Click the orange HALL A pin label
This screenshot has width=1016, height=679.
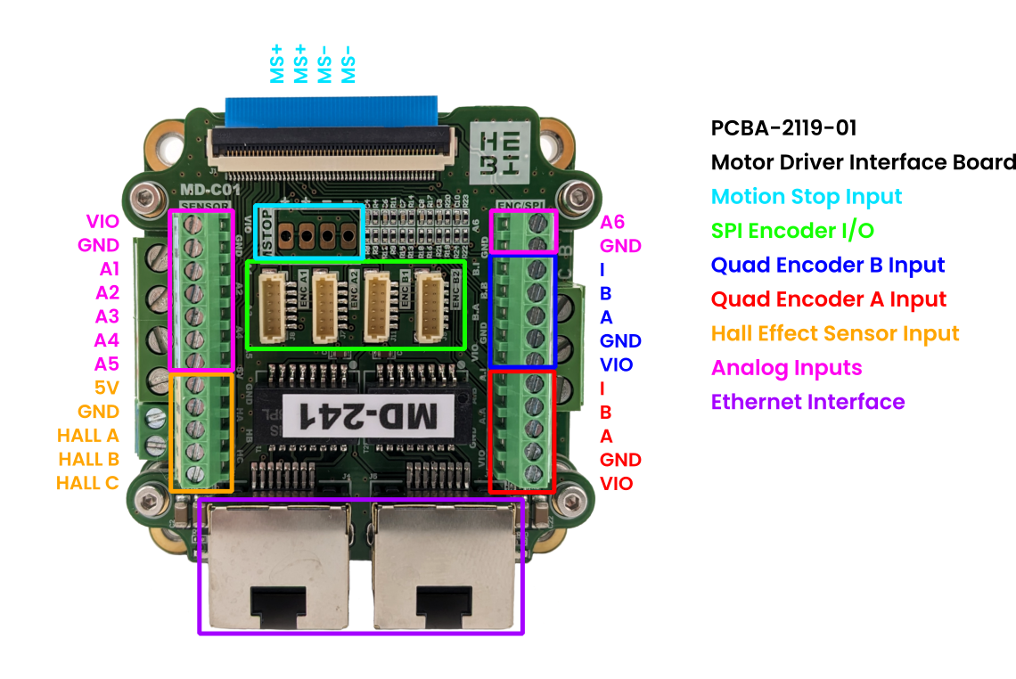[x=87, y=436]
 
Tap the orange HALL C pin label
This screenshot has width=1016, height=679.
[x=87, y=483]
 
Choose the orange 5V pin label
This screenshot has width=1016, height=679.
[x=106, y=388]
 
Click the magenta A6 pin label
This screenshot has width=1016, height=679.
[x=612, y=222]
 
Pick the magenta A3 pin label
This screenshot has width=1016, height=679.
[x=107, y=316]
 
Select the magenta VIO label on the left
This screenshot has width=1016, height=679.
[x=102, y=221]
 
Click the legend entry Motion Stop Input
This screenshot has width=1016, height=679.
[x=807, y=197]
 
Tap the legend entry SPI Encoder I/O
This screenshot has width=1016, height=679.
[x=792, y=231]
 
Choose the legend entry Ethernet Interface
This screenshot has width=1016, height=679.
[x=807, y=402]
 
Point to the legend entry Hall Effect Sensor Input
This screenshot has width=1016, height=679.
[x=835, y=333]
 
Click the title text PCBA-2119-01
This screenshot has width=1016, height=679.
[x=783, y=127]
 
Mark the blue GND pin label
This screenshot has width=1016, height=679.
[x=620, y=340]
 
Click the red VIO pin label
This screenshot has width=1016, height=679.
[x=617, y=484]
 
